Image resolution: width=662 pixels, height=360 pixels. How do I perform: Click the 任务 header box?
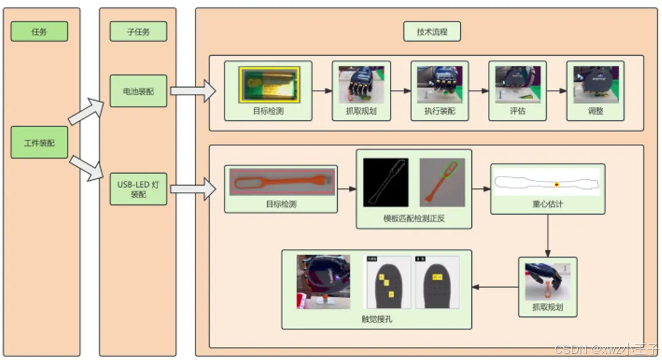click(x=39, y=31)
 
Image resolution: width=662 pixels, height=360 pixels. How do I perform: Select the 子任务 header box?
click(x=138, y=31)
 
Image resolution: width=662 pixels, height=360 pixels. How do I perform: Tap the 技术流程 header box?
click(x=432, y=31)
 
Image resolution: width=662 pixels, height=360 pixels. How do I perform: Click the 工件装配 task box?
click(x=39, y=142)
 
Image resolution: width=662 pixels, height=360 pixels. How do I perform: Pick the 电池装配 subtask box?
click(x=138, y=91)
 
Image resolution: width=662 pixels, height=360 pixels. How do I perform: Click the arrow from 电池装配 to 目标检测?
click(x=192, y=91)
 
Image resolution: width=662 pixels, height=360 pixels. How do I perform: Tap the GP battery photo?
click(x=268, y=84)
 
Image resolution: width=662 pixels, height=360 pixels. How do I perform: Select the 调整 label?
click(x=595, y=112)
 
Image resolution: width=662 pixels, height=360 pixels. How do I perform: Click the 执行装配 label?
click(x=439, y=112)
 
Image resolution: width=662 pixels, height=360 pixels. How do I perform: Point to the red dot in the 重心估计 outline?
click(x=557, y=184)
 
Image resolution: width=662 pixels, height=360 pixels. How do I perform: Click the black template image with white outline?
click(x=386, y=182)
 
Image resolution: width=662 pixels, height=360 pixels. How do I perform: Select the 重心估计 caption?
click(x=547, y=204)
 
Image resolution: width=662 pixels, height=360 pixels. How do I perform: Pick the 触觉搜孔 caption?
click(x=376, y=319)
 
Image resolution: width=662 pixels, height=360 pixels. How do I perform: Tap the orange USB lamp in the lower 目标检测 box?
click(x=282, y=182)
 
